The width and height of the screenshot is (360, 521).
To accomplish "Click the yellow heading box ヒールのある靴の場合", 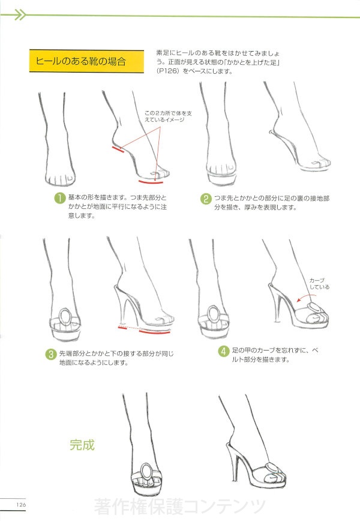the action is [86, 61].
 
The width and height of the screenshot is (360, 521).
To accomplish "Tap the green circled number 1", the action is [60, 198].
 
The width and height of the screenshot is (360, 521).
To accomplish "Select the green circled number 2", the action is [206, 199].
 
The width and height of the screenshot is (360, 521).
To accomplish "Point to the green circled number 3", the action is [51, 354].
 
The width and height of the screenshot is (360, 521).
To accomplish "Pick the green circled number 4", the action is [224, 351].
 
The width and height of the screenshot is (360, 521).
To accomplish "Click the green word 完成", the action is [82, 445].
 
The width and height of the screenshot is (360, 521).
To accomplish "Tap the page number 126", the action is [21, 504].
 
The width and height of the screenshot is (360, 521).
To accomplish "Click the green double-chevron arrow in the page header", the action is [20, 15].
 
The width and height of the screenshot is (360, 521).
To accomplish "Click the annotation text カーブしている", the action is [319, 283].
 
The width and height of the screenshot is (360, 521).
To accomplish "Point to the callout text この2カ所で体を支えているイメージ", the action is [168, 116].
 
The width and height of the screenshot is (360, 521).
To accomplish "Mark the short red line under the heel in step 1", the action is [118, 149].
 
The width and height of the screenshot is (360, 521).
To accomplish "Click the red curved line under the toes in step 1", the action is [151, 182].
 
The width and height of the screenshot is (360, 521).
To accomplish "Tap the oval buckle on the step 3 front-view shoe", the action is [65, 317].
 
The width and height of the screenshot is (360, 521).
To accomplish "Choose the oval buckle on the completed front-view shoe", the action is [146, 472].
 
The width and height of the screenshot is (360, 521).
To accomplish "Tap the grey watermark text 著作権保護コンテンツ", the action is [179, 506].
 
